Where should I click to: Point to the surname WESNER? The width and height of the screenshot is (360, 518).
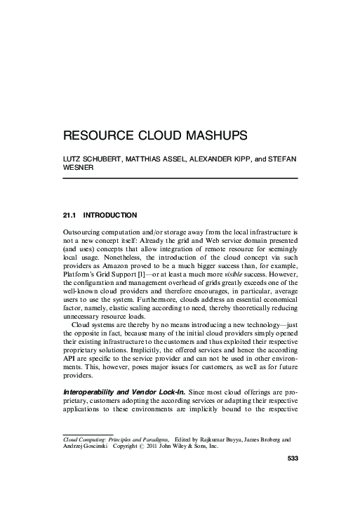click(x=79, y=168)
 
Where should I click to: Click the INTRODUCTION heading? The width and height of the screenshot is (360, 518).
click(x=109, y=214)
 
